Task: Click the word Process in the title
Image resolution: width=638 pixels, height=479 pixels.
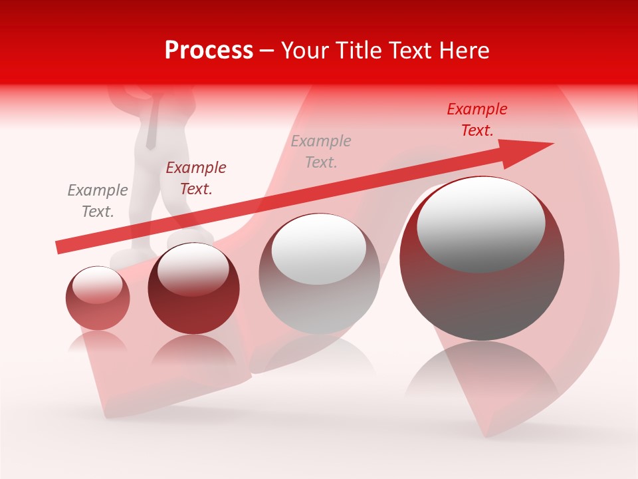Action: pyautogui.click(x=209, y=51)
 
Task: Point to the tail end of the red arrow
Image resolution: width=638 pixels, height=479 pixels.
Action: pyautogui.click(x=60, y=247)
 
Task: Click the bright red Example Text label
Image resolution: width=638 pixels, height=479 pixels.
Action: pyautogui.click(x=477, y=120)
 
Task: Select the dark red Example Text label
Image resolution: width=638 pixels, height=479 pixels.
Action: pyautogui.click(x=196, y=178)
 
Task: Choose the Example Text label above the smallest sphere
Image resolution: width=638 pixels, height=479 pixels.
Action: pyautogui.click(x=98, y=201)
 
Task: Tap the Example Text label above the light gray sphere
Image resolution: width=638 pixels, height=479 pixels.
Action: pyautogui.click(x=321, y=152)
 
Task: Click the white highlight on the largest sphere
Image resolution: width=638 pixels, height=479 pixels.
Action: pyautogui.click(x=480, y=225)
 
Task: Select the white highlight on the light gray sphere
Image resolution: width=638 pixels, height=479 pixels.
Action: pyautogui.click(x=318, y=249)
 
